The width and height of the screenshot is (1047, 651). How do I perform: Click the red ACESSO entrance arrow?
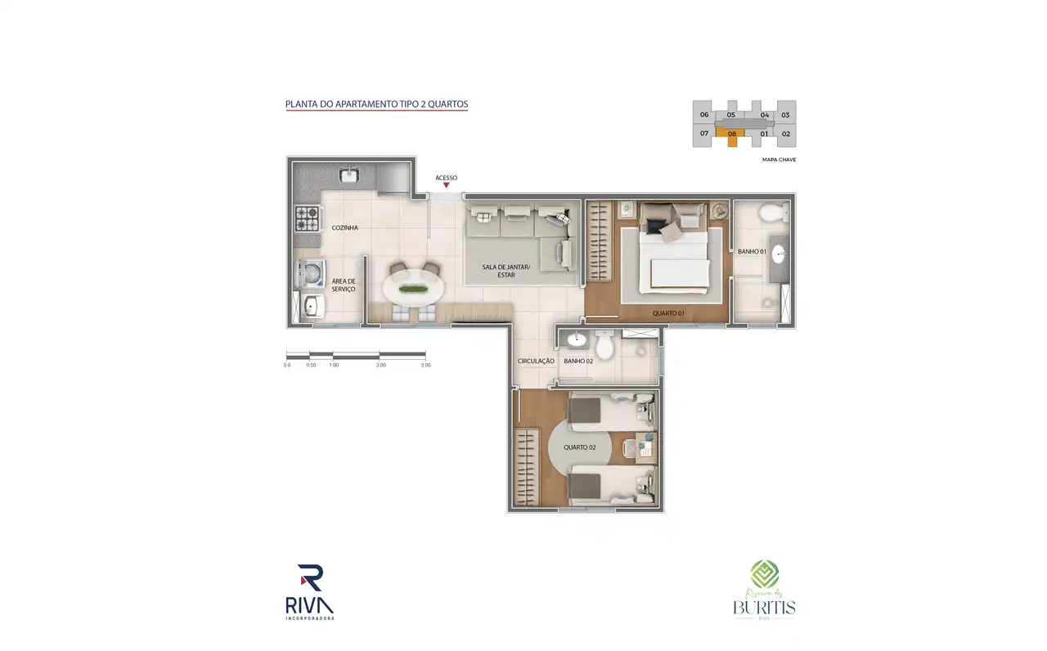(446, 186)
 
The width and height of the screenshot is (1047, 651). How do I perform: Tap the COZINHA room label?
(344, 228)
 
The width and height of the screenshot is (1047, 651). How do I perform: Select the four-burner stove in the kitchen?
(308, 218)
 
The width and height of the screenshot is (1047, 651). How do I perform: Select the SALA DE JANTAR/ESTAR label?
(506, 271)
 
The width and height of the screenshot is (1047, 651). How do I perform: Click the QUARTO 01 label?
(667, 313)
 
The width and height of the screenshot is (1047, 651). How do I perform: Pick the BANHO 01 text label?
(751, 252)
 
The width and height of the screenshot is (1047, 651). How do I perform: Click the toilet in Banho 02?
(604, 348)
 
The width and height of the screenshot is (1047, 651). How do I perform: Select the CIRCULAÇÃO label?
(536, 361)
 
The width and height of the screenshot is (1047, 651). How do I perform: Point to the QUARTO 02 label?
(580, 447)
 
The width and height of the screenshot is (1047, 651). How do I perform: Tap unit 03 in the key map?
(785, 115)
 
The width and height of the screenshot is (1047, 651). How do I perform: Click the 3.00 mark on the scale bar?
(425, 365)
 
